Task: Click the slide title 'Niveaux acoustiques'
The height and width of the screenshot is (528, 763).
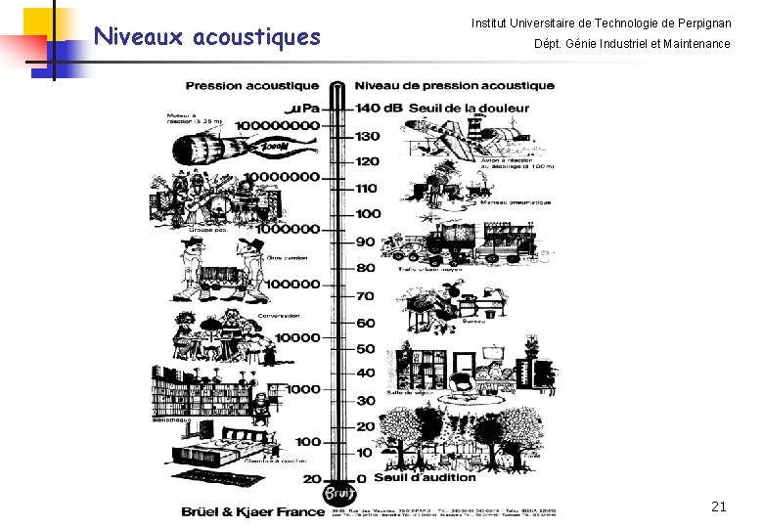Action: tap(206, 37)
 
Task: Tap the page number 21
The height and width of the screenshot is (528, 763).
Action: tap(719, 506)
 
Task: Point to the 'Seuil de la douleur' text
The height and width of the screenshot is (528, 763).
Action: tap(470, 108)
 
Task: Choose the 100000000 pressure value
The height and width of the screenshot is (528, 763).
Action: tap(265, 125)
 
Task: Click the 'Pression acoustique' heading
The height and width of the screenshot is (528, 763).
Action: tap(251, 85)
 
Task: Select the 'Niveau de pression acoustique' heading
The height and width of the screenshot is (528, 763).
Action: tap(454, 85)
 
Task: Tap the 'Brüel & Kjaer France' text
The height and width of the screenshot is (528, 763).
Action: tap(252, 511)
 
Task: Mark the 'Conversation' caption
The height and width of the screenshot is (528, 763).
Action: tap(279, 316)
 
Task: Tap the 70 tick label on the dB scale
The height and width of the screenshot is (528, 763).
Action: tap(365, 296)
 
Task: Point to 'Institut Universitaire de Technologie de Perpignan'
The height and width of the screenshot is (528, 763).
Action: tap(601, 22)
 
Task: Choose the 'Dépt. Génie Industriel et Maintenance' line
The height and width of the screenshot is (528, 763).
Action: tap(632, 44)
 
